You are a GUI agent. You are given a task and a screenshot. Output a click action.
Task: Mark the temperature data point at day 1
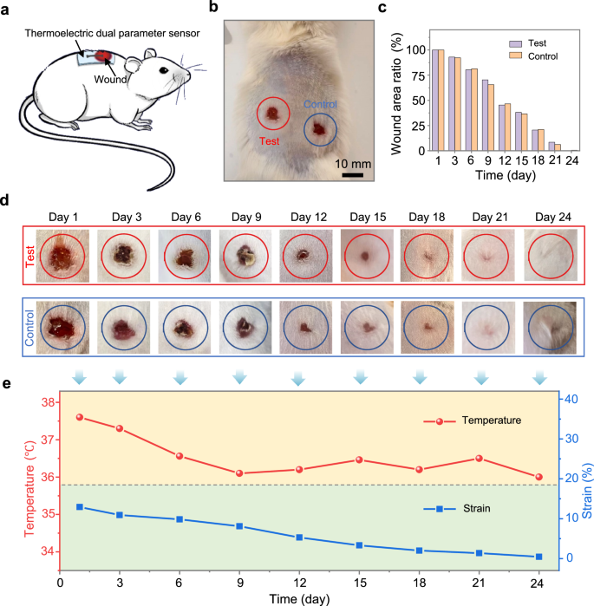tap(80, 417)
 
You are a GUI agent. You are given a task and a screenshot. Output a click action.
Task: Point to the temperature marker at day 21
tap(479, 459)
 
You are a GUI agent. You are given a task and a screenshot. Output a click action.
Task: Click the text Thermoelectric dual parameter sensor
tap(113, 34)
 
